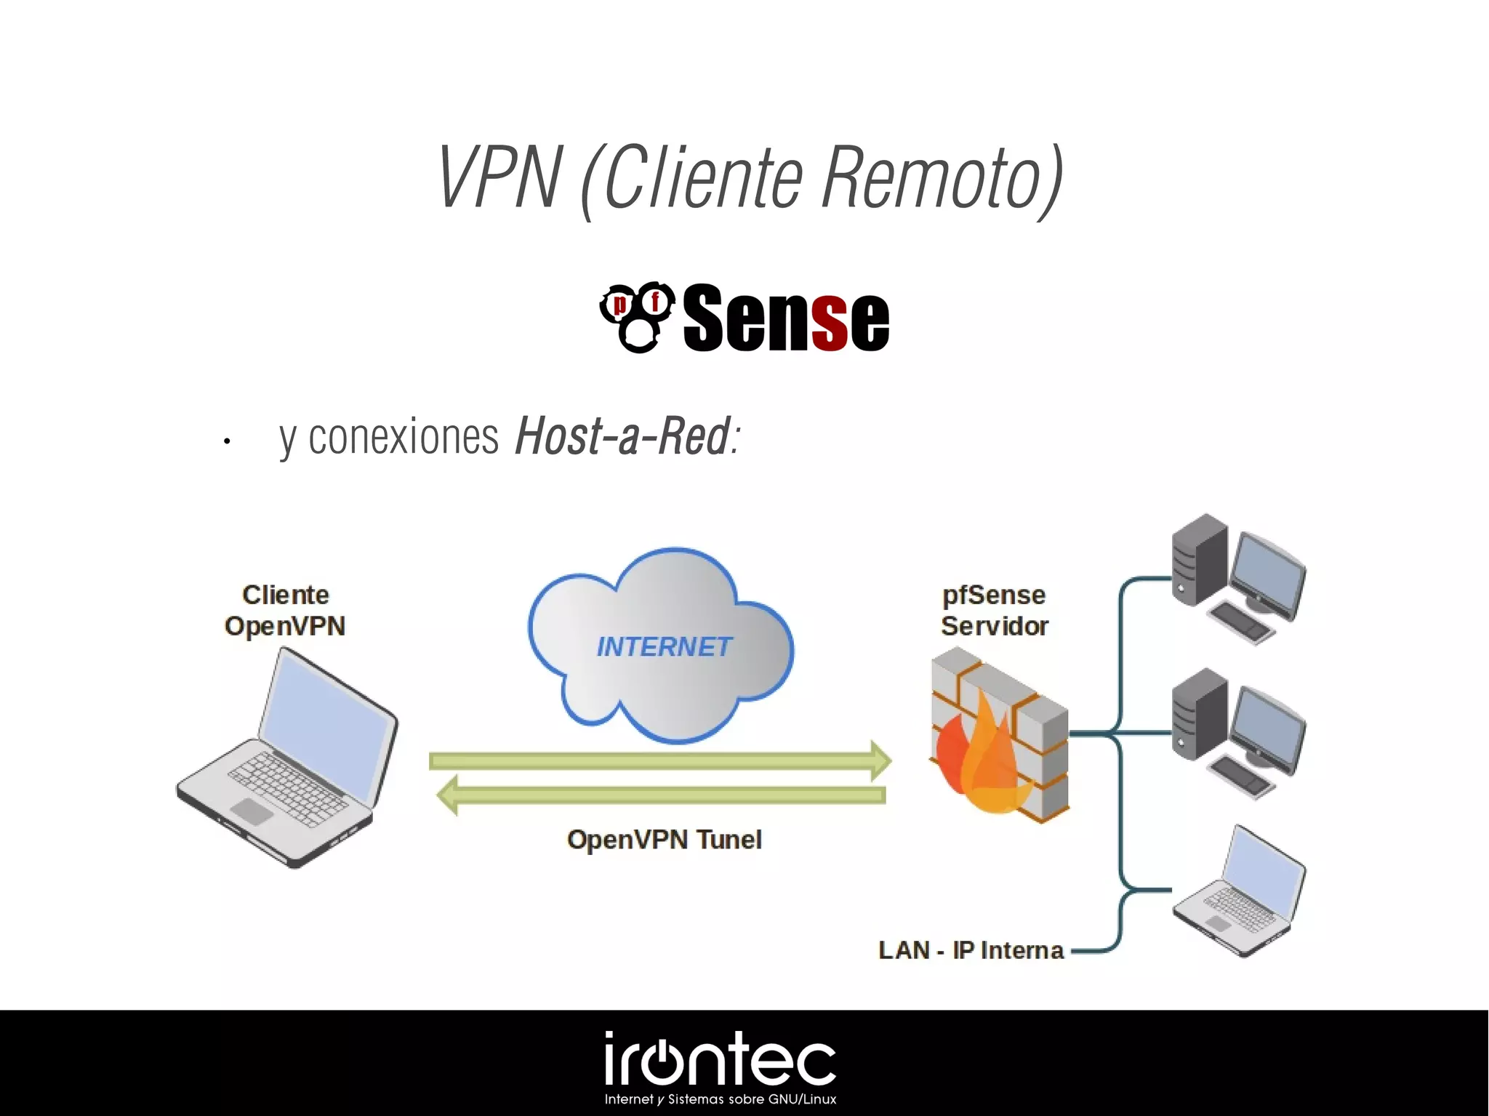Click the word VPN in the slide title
[x=500, y=177]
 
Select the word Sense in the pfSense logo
[x=785, y=318]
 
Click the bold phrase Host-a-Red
[x=622, y=436]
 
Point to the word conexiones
[x=404, y=436]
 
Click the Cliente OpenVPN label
[x=285, y=611]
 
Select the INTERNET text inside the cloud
[x=664, y=647]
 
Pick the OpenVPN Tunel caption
[x=664, y=840]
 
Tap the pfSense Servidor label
[x=994, y=611]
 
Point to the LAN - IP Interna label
[x=971, y=950]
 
